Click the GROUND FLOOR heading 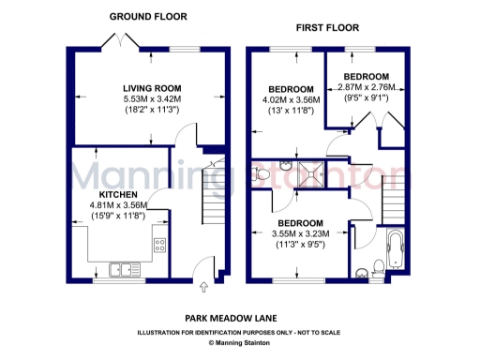tap(148, 17)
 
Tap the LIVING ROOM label tap(151, 88)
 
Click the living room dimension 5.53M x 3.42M tap(151, 99)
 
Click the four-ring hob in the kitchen tap(159, 247)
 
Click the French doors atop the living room tap(124, 40)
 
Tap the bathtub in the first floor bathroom tap(393, 250)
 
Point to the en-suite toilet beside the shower tap(262, 174)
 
